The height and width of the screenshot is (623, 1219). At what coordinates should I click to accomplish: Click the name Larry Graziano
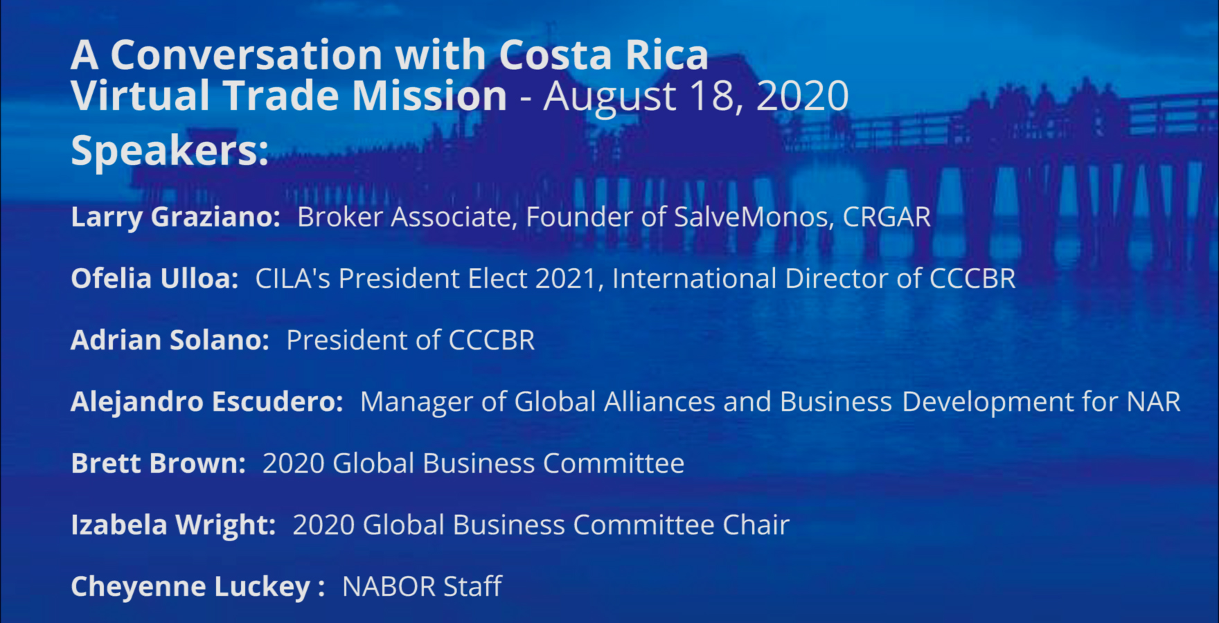click(175, 217)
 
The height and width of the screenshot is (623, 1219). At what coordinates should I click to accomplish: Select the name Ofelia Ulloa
click(154, 278)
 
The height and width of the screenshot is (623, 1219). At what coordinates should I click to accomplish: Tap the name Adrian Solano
click(170, 340)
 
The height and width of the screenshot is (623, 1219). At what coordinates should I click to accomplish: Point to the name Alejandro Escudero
click(206, 402)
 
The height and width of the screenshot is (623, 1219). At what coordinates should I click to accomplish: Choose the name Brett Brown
click(158, 463)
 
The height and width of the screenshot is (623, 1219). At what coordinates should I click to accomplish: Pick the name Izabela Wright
click(173, 525)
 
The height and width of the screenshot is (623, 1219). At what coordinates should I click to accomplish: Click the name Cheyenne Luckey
click(190, 587)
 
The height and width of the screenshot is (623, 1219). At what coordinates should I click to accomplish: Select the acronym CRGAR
click(887, 217)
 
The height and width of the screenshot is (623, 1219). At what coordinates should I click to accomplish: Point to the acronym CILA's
click(293, 278)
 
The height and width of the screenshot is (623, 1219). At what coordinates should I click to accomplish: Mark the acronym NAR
click(1154, 402)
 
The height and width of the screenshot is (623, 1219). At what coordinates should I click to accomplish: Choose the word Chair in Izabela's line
click(756, 525)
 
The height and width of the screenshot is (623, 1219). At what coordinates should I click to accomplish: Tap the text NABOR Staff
click(422, 587)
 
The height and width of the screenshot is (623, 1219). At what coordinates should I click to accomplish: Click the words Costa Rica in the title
click(603, 55)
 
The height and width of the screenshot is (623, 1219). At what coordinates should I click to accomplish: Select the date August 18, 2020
click(696, 96)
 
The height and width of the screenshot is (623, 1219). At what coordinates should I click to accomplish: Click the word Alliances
click(659, 402)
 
